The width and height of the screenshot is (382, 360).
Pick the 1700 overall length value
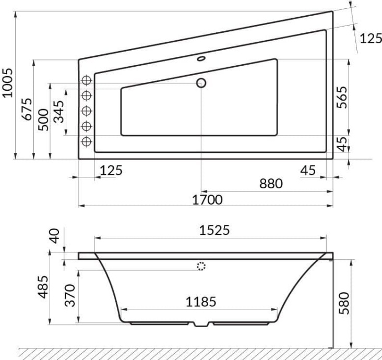[206, 200]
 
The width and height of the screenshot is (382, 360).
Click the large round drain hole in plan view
[201, 82]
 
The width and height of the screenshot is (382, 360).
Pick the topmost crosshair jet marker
[87, 80]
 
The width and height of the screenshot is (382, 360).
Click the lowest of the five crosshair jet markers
[87, 141]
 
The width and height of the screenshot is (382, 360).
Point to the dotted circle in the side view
[201, 267]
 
